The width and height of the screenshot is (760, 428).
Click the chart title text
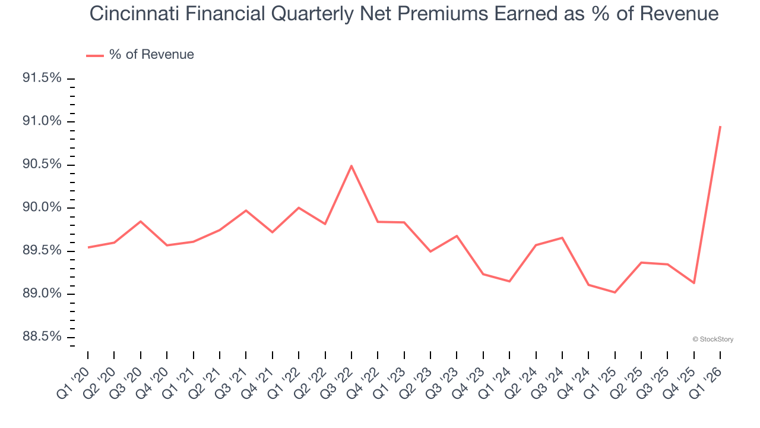click(x=404, y=14)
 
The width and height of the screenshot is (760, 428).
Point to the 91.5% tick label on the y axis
click(x=42, y=78)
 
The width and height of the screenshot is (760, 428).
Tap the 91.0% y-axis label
click(x=42, y=122)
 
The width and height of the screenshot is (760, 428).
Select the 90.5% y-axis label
click(x=42, y=165)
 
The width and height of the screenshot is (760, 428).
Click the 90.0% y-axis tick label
click(x=42, y=207)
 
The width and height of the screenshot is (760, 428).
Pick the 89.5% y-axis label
click(x=42, y=251)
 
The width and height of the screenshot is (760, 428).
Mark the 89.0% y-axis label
click(x=42, y=294)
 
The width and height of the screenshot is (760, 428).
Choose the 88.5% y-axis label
click(x=42, y=337)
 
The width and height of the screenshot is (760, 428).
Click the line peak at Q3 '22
click(x=351, y=166)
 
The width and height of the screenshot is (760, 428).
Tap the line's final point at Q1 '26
click(x=720, y=126)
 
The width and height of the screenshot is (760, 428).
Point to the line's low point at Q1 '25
click(x=615, y=292)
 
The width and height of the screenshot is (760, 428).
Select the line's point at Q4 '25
click(x=694, y=283)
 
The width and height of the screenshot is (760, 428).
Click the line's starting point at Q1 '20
click(x=88, y=247)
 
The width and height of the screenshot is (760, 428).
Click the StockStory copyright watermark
click(x=712, y=339)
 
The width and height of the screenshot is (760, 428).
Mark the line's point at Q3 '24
click(x=562, y=238)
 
